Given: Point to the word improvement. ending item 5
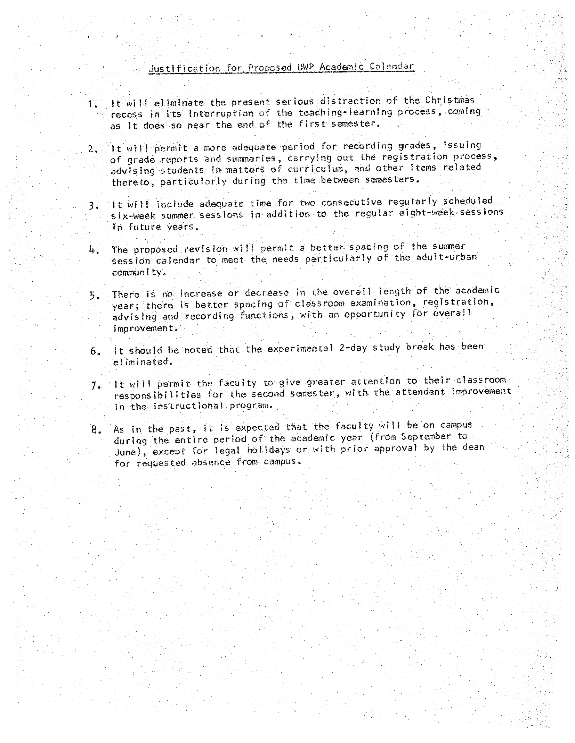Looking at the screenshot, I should (x=145, y=328).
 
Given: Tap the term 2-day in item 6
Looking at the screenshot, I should (x=353, y=348).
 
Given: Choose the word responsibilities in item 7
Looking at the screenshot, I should (x=157, y=395).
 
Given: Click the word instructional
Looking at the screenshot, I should (x=188, y=406).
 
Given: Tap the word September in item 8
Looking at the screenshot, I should (x=426, y=436).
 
